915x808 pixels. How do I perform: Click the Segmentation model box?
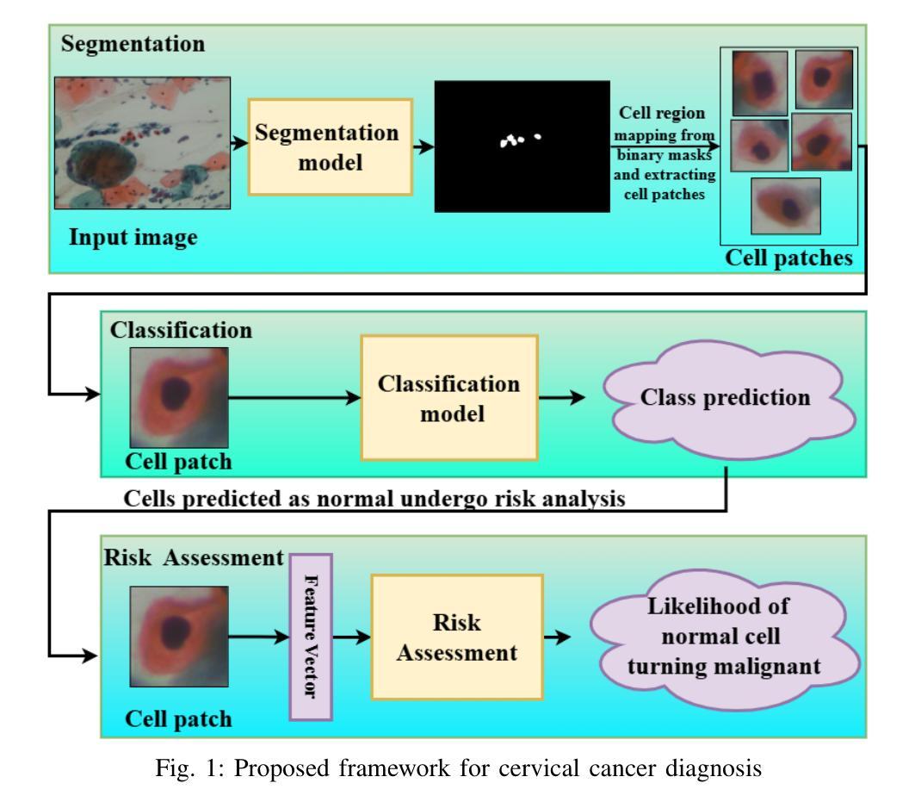331,147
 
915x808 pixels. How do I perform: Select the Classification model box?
448,398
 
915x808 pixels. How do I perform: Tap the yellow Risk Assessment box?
457,637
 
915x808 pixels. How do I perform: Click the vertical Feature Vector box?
311,637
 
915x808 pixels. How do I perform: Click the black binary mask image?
522,146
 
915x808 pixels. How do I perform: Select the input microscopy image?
142,143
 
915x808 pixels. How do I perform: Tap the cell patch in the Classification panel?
179,398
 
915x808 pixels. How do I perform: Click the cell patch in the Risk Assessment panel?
179,637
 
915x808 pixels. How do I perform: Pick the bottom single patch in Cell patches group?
785,206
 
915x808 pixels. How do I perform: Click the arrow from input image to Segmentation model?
239,143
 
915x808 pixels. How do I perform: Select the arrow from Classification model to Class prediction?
561,398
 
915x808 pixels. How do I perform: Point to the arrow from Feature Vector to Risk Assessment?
351,637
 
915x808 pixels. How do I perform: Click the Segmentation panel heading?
133,45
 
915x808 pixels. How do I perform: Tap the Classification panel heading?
181,331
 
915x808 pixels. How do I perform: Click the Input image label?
133,238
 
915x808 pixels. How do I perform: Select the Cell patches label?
789,258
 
